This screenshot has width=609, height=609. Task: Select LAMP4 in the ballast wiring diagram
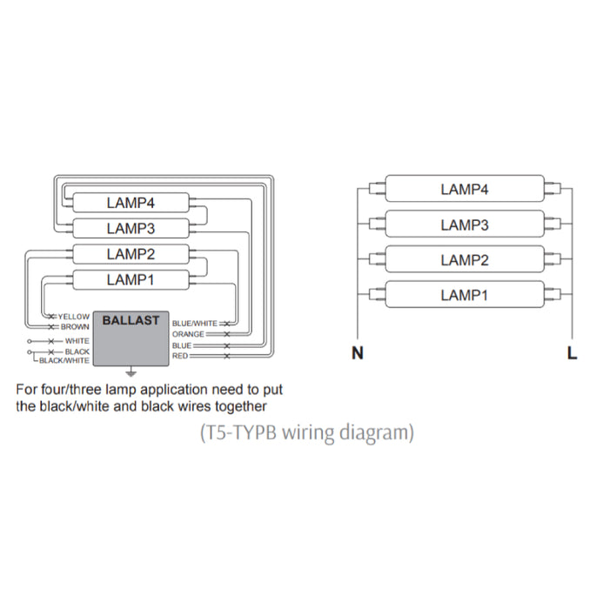(130, 204)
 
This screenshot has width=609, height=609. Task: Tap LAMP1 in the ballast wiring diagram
(130, 279)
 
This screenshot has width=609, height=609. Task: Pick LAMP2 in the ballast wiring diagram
(130, 254)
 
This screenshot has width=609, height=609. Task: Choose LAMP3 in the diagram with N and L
(464, 224)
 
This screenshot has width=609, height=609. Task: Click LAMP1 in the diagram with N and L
(464, 295)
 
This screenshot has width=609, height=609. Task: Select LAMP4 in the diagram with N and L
(464, 189)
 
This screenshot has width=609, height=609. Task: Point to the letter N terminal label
(357, 353)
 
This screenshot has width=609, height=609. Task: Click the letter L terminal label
(571, 353)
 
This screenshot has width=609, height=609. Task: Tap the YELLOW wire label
(73, 317)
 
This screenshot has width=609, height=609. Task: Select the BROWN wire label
(75, 326)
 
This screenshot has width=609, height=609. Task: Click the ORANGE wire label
(188, 334)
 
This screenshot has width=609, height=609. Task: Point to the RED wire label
(180, 356)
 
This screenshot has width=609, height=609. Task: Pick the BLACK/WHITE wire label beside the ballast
(64, 360)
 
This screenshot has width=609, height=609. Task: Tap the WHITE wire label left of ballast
(77, 341)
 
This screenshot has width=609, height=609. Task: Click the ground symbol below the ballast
(131, 368)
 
